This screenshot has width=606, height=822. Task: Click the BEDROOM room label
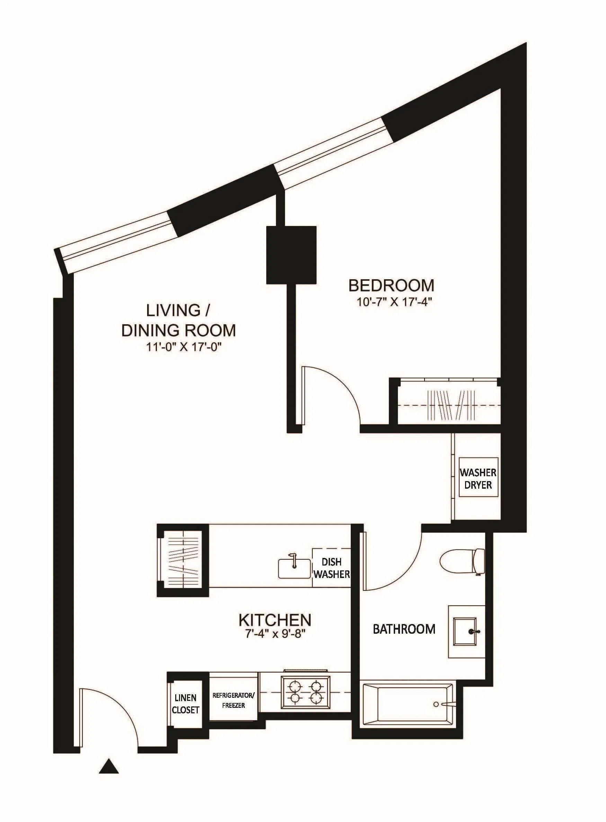coord(391,285)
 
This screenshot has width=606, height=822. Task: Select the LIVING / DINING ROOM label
coord(178,320)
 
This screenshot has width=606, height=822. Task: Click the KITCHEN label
coord(275,620)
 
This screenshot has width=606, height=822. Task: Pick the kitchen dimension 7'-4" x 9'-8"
coord(275,634)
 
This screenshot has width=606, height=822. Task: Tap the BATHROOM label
coord(404,629)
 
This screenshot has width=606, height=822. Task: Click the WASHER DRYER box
coord(478,478)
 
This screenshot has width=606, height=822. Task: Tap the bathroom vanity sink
coord(466,631)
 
